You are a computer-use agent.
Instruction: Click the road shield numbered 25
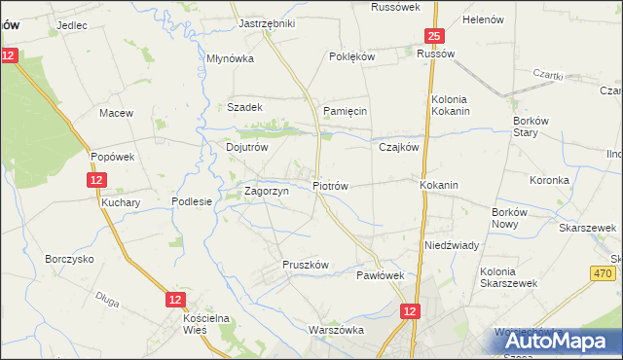(433, 37)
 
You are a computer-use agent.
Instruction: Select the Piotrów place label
(330, 185)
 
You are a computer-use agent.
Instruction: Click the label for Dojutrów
(246, 148)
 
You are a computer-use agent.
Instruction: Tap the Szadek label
(244, 108)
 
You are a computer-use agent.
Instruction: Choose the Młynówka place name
(230, 58)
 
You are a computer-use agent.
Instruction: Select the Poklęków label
(352, 57)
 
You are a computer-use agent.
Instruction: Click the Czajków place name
(398, 148)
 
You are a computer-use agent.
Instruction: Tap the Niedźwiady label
(451, 246)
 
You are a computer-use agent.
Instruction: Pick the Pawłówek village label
(380, 275)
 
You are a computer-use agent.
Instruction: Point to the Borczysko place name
(69, 260)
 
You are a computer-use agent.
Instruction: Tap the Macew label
(116, 114)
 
